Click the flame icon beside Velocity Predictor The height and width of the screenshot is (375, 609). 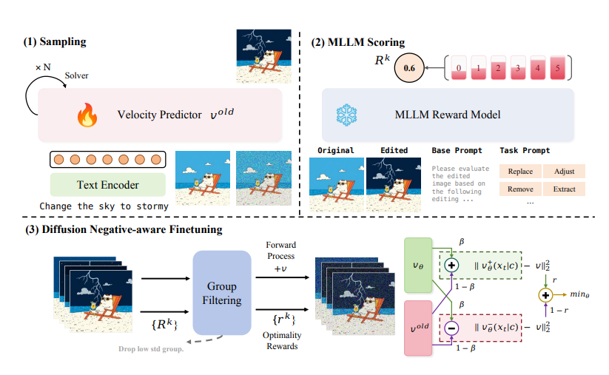(x=88, y=115)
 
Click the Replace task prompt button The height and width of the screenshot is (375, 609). (x=520, y=172)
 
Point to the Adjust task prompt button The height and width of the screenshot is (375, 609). (x=564, y=172)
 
